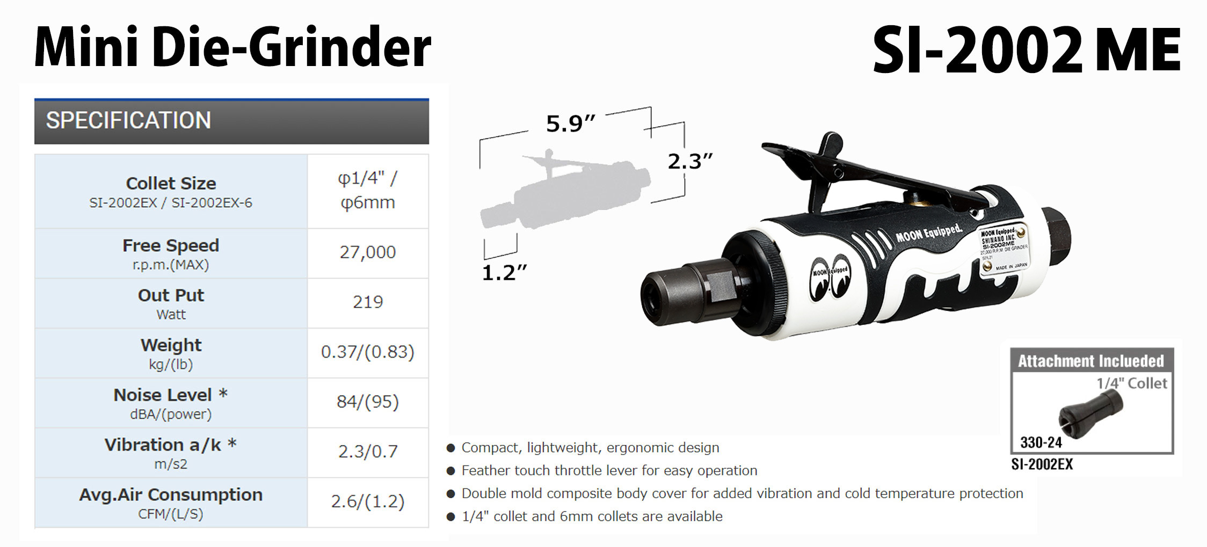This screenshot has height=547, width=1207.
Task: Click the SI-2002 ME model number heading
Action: [1026, 50]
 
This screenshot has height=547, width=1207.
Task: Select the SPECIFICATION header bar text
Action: [128, 120]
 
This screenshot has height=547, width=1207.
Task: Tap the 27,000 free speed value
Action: [368, 252]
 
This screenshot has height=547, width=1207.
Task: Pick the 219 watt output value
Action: [368, 302]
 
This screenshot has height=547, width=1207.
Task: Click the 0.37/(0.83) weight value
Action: [368, 352]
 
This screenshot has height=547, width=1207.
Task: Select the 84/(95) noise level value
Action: [368, 402]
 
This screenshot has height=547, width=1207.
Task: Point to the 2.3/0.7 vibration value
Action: [368, 451]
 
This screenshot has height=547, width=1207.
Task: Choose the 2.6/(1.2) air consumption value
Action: [368, 501]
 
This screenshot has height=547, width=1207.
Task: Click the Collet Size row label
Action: [171, 184]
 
